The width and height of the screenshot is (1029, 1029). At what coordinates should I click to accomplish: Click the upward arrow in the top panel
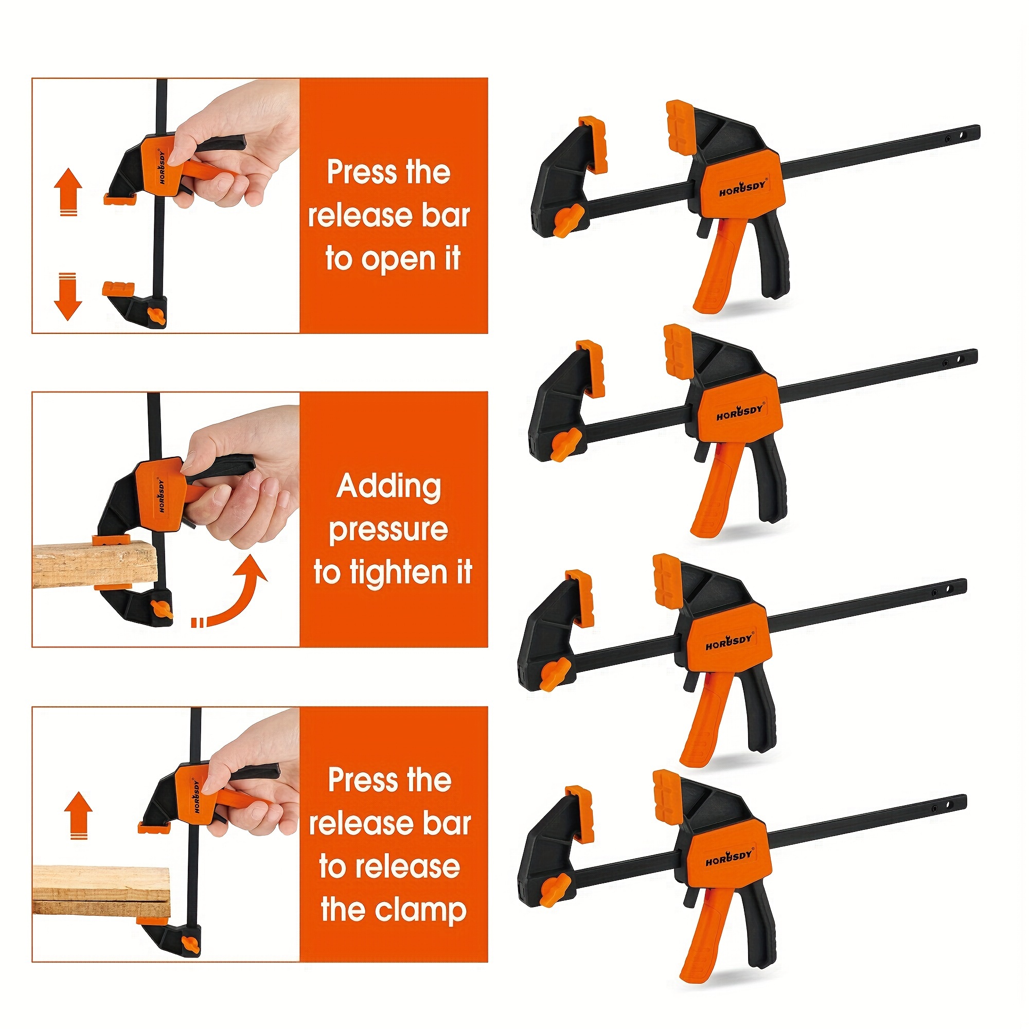68,192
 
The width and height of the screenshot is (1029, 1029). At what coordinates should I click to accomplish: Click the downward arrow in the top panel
68,296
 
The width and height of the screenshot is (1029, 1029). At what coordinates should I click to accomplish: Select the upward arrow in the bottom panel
78,815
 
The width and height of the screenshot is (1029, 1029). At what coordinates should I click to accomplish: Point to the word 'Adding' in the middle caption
389,487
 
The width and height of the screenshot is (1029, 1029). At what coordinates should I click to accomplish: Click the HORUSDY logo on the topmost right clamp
742,188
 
